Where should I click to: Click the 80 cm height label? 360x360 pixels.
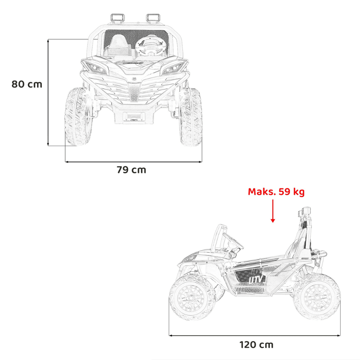coord(27,84)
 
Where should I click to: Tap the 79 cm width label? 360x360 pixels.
coord(131,170)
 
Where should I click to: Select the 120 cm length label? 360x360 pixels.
coord(256,345)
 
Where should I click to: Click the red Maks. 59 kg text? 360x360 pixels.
coord(276,192)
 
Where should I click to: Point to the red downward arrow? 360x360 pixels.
coord(273,211)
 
